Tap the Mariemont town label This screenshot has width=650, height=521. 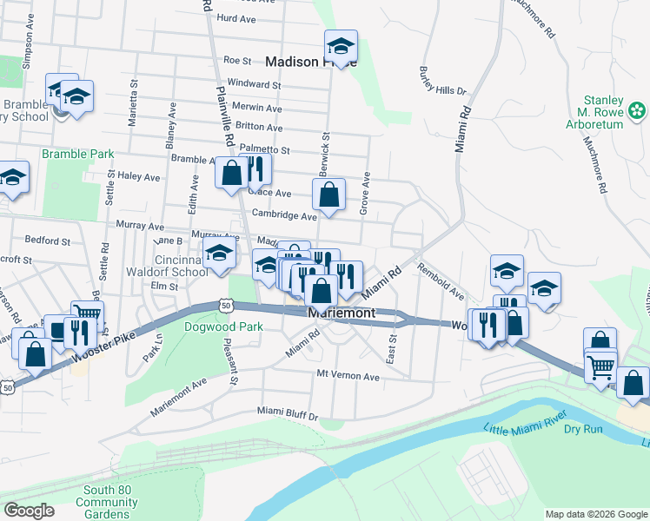tap(341, 313)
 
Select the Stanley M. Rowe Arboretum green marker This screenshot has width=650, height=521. tap(638, 110)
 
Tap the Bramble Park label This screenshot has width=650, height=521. tap(78, 154)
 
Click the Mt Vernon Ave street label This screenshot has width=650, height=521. tap(348, 377)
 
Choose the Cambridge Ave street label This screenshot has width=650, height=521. tap(284, 214)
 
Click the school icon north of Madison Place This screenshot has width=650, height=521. tap(341, 46)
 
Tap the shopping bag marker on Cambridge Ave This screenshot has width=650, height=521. tap(328, 196)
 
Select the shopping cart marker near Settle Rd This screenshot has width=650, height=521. tap(87, 315)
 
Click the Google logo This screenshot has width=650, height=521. tap(29, 511)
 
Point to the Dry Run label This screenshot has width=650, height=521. tap(584, 428)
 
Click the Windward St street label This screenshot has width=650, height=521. tap(254, 85)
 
